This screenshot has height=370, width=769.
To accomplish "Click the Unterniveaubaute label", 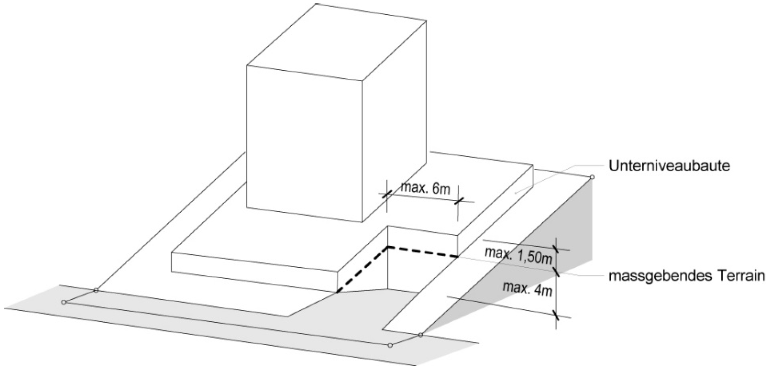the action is [x=669, y=166].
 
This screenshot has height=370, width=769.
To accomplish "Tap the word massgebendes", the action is [x=651, y=277].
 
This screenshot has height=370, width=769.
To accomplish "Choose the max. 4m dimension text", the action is [x=527, y=288].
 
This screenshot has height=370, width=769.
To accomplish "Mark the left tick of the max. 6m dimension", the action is [x=386, y=194].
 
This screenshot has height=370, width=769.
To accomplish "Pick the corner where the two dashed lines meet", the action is [x=388, y=247].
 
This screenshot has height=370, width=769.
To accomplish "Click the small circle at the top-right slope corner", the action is [x=592, y=177].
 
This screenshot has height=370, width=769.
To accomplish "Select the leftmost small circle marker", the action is [x=64, y=302].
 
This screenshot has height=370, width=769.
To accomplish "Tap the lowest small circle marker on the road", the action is [x=390, y=346].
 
